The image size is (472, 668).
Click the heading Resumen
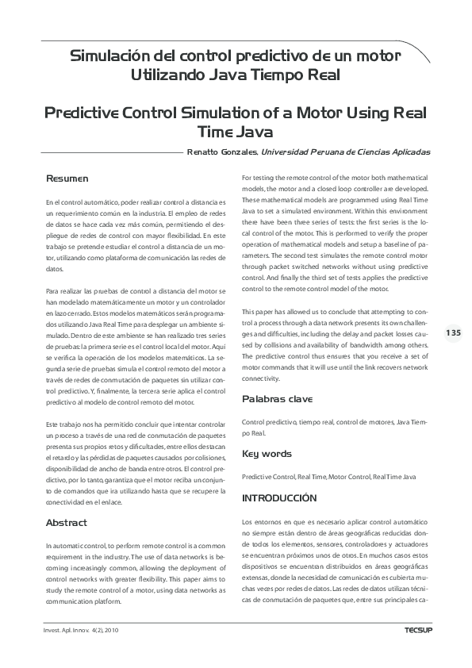67,179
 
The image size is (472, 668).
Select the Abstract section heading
66,523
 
